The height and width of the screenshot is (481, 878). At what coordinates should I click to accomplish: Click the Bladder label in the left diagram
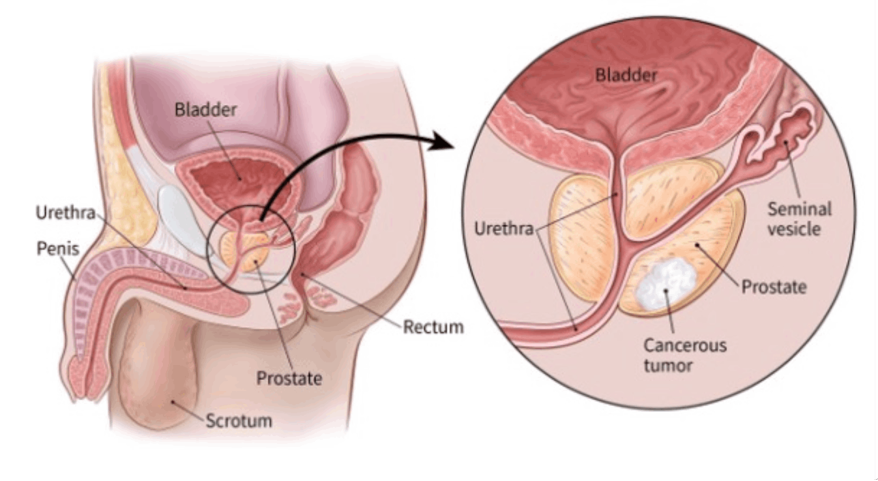click(205, 109)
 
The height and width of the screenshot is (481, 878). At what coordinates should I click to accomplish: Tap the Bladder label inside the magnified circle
click(626, 75)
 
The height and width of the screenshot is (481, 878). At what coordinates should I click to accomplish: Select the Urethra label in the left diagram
click(65, 213)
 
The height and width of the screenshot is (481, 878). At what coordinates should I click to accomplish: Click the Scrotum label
click(239, 420)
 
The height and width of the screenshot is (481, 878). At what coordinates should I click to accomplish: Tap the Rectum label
click(433, 326)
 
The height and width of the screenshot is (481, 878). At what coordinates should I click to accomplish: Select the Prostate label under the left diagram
click(289, 377)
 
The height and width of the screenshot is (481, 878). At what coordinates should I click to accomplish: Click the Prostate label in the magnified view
click(774, 287)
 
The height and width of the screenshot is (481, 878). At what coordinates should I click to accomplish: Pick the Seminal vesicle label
click(800, 219)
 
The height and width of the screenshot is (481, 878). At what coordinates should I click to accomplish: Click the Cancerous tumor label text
click(684, 355)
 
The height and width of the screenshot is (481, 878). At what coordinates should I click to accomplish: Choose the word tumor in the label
click(668, 365)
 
